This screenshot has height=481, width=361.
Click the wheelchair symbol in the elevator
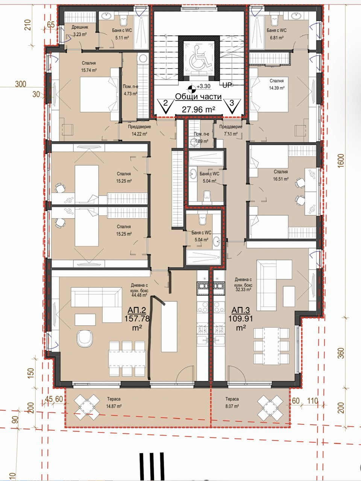tap(199, 58)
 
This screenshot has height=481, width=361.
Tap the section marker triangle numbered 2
tap(166, 106)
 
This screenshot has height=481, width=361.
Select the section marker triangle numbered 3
tap(232, 106)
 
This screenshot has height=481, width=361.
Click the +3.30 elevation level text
tap(203, 86)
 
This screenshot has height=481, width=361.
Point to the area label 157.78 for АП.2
tap(137, 318)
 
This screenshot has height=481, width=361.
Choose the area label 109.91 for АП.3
tap(241, 318)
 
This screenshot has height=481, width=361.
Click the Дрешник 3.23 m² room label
tap(80, 31)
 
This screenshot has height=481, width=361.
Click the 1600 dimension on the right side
tap(341, 161)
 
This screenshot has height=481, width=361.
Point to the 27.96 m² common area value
tap(199, 109)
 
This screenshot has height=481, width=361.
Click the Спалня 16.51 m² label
tap(281, 175)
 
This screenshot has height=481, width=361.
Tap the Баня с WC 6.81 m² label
tap(277, 34)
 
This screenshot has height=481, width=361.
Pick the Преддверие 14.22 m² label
tap(140, 130)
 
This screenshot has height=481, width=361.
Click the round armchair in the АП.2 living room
tap(85, 339)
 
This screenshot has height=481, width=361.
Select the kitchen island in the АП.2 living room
tap(169, 327)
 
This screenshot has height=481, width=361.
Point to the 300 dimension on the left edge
tap(21, 84)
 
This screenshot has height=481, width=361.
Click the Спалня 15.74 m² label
tap(89, 67)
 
